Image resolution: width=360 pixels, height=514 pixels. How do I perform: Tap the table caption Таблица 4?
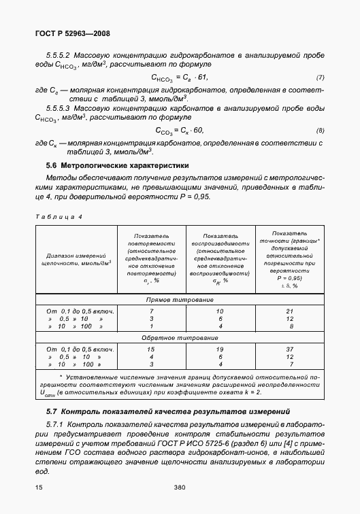[x=58, y=216]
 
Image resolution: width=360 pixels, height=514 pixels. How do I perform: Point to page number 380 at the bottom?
[x=180, y=487]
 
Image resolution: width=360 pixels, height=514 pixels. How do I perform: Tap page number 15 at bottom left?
[x=39, y=487]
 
